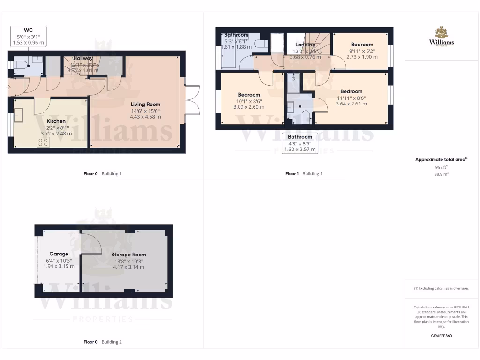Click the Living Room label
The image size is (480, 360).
[x=145, y=105]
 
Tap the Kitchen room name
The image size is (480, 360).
[x=56, y=121]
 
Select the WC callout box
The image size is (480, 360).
[x=29, y=37]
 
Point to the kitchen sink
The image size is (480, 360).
[x=19, y=115]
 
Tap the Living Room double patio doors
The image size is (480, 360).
[x=192, y=100]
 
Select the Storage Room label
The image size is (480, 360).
[x=128, y=255]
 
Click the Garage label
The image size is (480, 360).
[x=59, y=254]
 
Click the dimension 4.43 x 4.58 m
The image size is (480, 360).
[x=145, y=117]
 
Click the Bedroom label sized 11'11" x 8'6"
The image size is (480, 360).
[x=351, y=91]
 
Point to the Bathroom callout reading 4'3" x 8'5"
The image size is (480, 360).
[x=300, y=143]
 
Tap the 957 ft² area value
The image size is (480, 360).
[x=441, y=167]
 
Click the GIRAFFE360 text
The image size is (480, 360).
[x=441, y=336]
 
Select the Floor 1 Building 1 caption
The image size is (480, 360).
[x=304, y=173]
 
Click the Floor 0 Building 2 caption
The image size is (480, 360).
[x=102, y=342]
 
